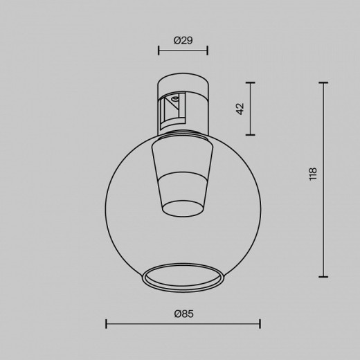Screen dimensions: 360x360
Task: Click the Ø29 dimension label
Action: tap(183, 41)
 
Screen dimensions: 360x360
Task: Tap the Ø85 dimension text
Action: tap(183, 314)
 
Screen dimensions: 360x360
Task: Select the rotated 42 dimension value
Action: tap(240, 108)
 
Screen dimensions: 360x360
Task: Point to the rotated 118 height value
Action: tap(313, 177)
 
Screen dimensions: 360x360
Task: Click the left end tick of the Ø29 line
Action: tap(159, 51)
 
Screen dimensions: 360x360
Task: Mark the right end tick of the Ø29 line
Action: tap(207, 51)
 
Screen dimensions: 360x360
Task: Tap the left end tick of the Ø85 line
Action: tap(105, 323)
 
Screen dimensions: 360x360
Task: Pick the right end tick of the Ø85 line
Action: tap(260, 323)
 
